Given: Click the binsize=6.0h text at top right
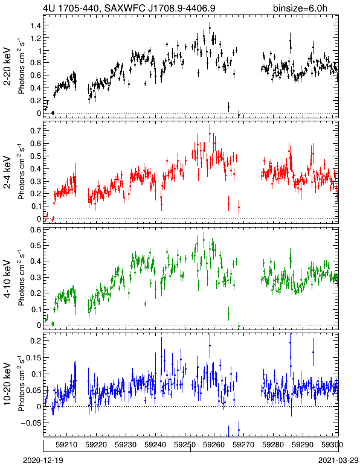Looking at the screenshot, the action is pos(300,8).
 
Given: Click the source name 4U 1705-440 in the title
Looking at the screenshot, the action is pos(69,8).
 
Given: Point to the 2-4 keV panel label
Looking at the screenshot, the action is pos(8,173).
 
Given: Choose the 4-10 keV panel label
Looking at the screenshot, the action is pos(8,279).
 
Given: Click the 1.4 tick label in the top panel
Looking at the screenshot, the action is pos(36,25).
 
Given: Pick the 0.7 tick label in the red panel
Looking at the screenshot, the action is pos(36,131).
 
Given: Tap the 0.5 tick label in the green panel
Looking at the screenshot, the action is pos(36,246).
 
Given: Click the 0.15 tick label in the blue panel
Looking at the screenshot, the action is pos(33,357).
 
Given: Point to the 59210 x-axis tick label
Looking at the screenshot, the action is pos(66,445).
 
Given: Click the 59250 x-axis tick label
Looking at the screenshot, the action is pos(185,445).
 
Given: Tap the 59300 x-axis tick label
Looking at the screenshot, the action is pos(332,445).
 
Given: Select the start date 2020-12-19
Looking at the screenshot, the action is pos(43,461).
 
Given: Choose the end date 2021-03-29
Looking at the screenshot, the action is pos(338,461).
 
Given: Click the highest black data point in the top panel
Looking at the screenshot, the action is pos(210,28).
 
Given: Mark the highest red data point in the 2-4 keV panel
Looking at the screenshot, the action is pos(210,134).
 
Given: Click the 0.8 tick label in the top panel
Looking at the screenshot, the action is pos(36,63).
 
